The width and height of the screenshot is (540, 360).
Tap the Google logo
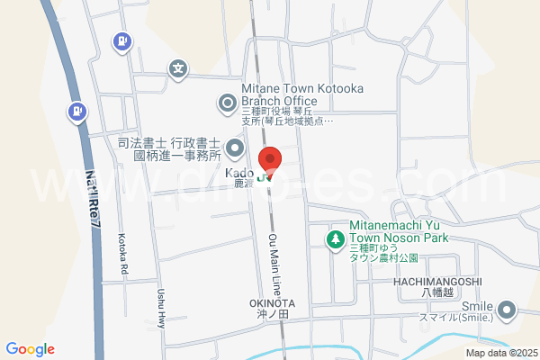pos(30,349)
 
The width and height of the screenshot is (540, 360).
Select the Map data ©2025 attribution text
pos(500,353)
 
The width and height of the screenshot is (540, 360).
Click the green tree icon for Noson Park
pos(335,239)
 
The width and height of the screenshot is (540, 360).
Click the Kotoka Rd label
pos(124,255)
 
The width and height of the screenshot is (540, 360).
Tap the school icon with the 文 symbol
pos(179,67)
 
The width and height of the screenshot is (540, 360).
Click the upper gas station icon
pos(121,40)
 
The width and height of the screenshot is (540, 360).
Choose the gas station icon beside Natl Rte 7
pos(78,112)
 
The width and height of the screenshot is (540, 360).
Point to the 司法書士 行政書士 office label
pos(169,148)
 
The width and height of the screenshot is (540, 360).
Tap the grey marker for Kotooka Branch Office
pos(229,102)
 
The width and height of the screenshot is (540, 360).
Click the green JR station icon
pos(265,177)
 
